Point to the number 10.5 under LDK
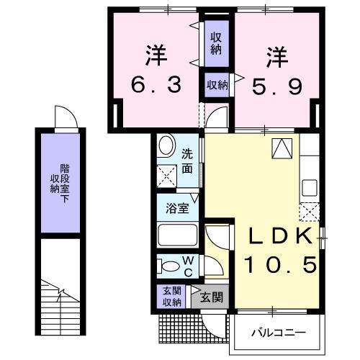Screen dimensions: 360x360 click(282, 266)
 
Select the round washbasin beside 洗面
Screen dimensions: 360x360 click(166, 147)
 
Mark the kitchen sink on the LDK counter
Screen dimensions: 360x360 click(310, 187)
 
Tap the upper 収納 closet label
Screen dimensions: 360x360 click(216, 43)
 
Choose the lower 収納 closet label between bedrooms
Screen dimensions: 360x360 click(217, 85)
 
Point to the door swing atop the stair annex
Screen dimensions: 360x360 click(63, 117)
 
